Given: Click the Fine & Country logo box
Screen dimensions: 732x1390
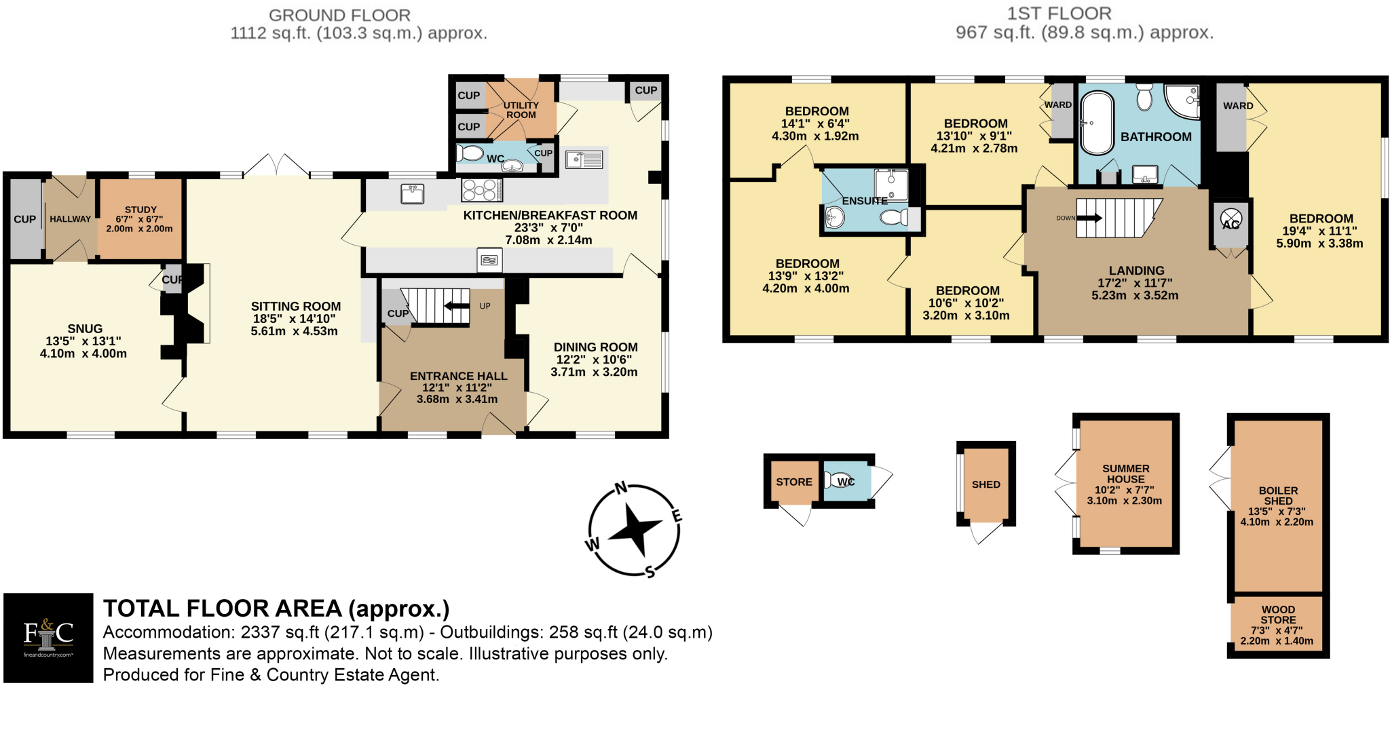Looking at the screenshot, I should (x=48, y=637).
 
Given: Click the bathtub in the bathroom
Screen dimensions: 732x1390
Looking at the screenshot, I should (x=1097, y=123).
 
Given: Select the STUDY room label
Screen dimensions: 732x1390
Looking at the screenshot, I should (x=140, y=210).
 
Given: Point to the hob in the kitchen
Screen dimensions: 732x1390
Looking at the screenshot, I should (x=481, y=190).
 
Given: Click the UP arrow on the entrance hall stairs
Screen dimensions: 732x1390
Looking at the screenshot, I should (x=457, y=306).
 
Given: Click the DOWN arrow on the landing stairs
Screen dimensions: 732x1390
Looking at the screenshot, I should (x=1089, y=218).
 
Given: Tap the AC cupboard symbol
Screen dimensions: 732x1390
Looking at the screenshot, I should (x=1231, y=220).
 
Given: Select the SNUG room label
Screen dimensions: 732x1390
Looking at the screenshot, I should (x=85, y=329).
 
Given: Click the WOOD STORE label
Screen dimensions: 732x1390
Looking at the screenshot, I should (x=1278, y=615).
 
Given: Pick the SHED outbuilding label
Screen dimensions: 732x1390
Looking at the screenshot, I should (x=985, y=484).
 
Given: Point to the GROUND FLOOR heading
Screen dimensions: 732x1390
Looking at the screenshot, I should (x=339, y=15).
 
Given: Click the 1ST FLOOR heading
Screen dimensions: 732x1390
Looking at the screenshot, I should (x=1059, y=14).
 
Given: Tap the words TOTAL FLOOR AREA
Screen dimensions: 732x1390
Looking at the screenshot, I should (x=223, y=608).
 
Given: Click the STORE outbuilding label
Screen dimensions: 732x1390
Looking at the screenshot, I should (x=793, y=482).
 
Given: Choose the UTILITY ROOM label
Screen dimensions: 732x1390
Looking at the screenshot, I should (x=521, y=110).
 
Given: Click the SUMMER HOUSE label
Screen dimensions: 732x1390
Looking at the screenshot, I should (x=1125, y=474).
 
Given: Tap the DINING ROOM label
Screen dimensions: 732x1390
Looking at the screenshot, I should (x=595, y=347).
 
